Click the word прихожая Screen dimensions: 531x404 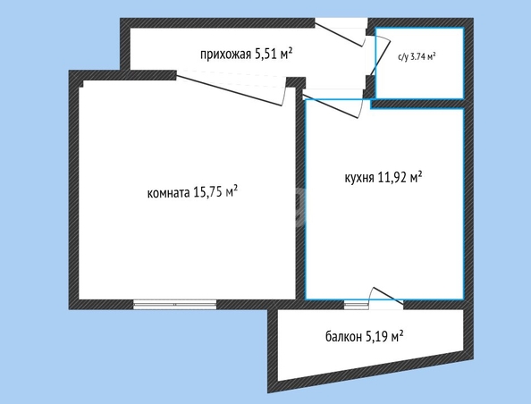225,55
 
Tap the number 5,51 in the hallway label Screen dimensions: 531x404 265,54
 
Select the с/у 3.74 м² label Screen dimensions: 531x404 417,57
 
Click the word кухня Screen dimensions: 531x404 359,178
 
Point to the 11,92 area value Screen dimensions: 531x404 392,177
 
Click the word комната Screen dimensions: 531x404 168,193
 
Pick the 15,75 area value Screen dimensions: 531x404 206,192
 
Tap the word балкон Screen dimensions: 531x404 343,337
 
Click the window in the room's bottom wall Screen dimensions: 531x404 174,305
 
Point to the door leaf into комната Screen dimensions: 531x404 229,90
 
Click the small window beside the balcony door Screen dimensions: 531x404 357,305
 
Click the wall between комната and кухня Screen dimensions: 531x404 300,194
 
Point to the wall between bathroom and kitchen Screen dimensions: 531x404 417,104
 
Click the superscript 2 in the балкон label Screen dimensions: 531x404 401,333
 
